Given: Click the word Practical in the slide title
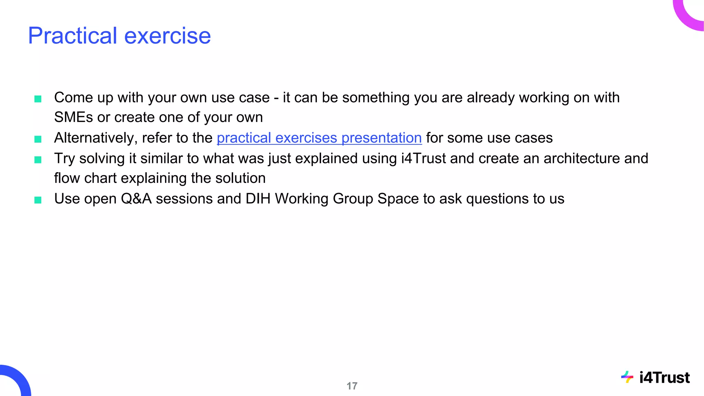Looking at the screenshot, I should (x=73, y=36).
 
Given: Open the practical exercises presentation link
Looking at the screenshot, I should (x=319, y=138).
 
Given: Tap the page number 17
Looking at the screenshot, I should (x=352, y=386).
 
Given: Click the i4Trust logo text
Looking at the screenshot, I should (x=664, y=378).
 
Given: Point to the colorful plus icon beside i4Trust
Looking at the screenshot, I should (x=627, y=377).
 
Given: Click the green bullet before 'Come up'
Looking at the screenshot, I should (x=38, y=99).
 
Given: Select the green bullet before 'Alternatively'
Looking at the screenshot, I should (x=38, y=139).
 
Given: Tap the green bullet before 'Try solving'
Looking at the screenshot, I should (x=38, y=160).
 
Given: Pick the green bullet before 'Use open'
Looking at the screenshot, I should (x=38, y=200).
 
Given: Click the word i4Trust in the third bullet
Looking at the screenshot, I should (x=423, y=158).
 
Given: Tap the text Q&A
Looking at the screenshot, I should (x=136, y=199).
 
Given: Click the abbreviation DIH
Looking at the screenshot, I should (x=258, y=199).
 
